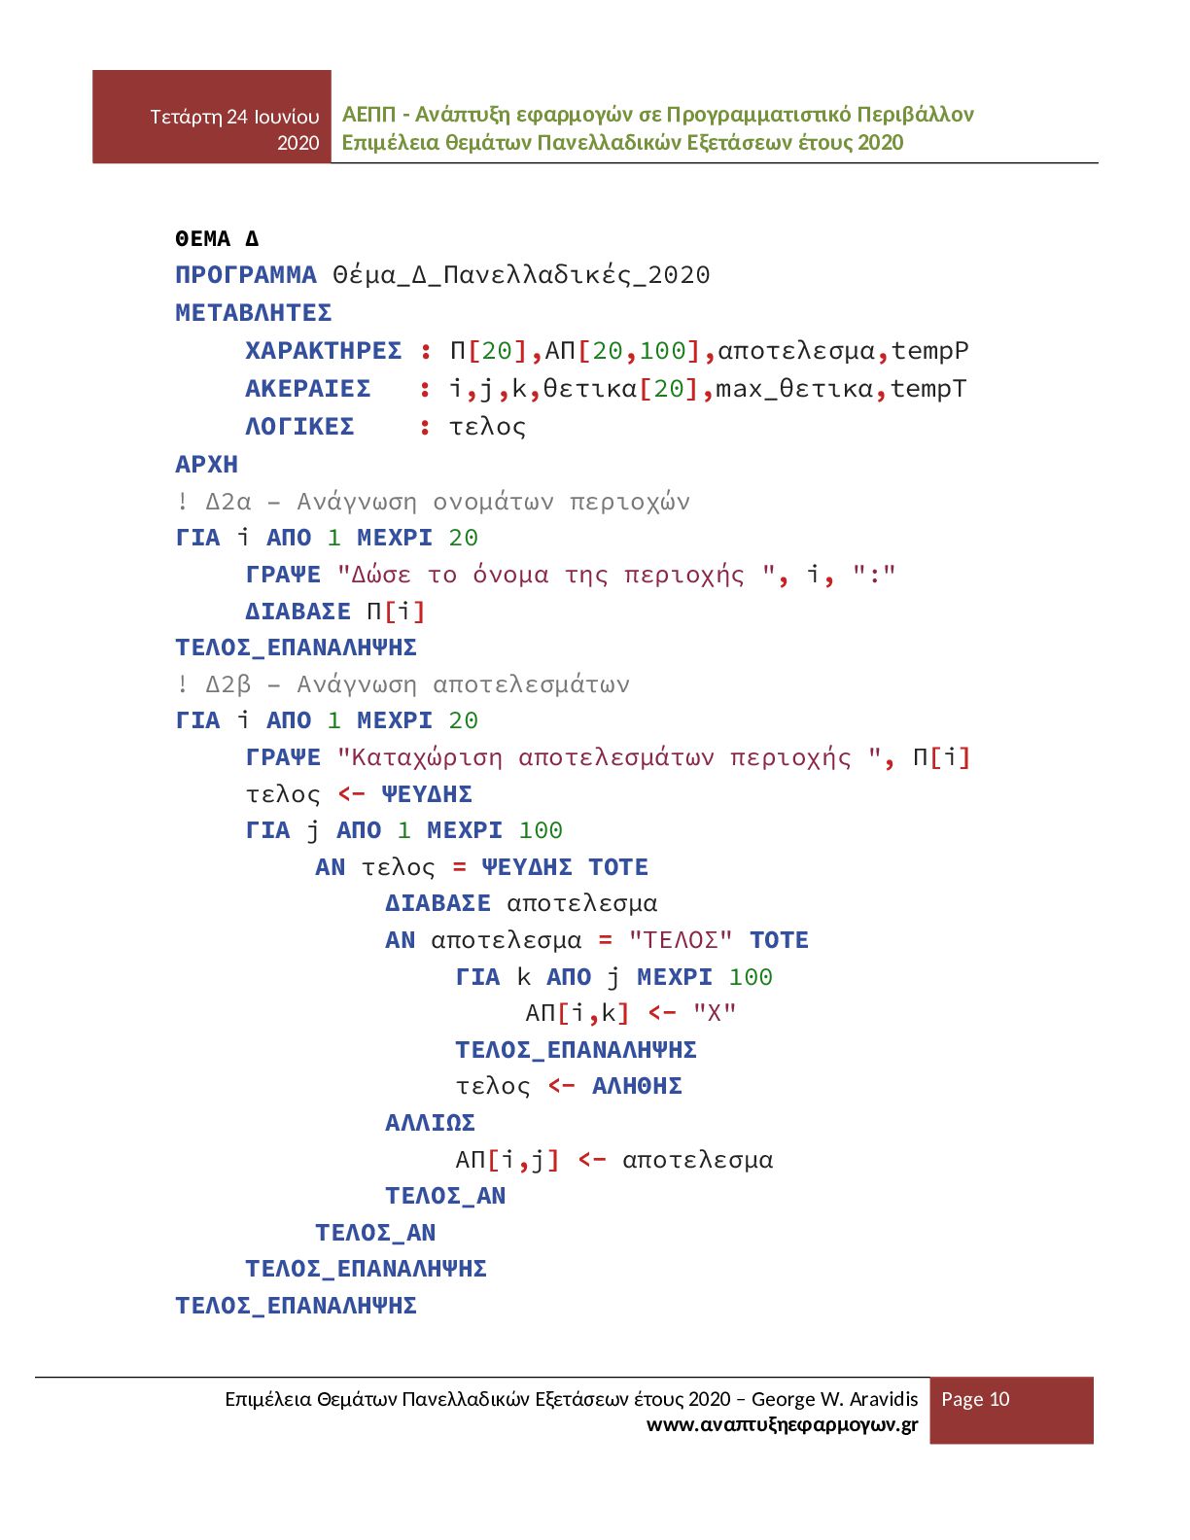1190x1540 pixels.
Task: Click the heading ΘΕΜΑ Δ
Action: tap(217, 238)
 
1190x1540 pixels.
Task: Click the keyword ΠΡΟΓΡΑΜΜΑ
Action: tap(246, 275)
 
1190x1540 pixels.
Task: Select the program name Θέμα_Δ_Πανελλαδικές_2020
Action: tap(521, 275)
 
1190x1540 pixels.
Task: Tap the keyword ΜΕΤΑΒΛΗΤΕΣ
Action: tap(254, 313)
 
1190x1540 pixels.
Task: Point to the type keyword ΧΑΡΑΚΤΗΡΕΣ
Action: tap(323, 351)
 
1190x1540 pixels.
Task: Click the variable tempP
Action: tap(929, 351)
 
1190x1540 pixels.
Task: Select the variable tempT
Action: tap(928, 389)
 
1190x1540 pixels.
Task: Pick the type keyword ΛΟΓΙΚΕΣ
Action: tap(299, 427)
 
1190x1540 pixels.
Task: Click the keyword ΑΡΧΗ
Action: tap(206, 465)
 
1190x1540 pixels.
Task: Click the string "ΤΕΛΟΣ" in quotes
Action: tap(680, 940)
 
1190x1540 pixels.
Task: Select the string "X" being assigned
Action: tap(715, 1013)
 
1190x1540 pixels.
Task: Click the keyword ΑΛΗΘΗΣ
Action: tap(637, 1086)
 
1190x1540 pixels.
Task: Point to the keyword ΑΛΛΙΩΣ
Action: tap(430, 1123)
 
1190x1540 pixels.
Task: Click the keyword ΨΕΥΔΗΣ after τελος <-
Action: tap(427, 794)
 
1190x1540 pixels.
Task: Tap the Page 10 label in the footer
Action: tap(975, 1399)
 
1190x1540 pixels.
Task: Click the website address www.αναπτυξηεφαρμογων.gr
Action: tap(782, 1425)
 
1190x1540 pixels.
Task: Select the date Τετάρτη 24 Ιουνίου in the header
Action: tap(234, 117)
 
